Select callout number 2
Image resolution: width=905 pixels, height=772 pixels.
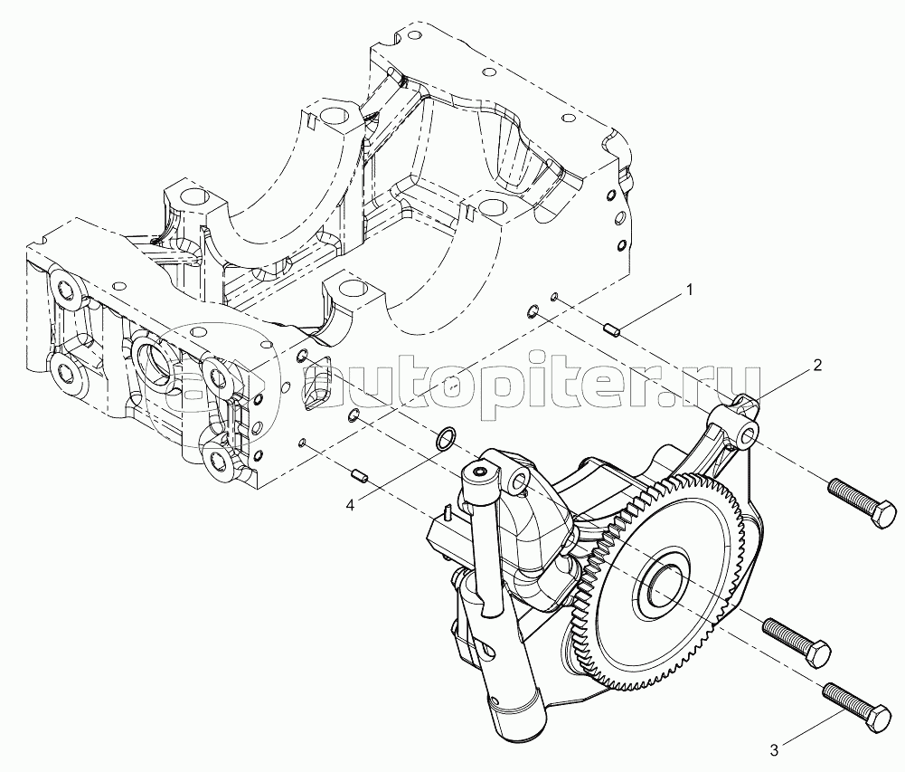[x=817, y=366]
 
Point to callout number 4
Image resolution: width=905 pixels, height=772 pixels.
[x=350, y=505]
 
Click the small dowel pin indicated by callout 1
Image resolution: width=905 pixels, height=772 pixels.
[x=611, y=330]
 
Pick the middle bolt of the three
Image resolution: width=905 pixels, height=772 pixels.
[x=797, y=642]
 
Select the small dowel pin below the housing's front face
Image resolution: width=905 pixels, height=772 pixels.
[x=358, y=477]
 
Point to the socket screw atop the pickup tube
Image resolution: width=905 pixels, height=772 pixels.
[x=480, y=472]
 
